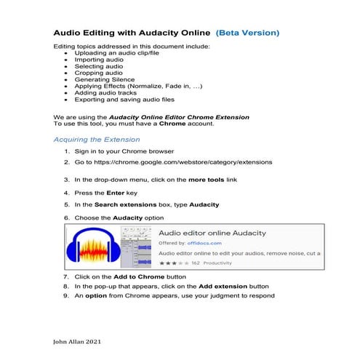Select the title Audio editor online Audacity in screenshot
tap(212, 233)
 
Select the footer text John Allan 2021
tap(77, 341)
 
